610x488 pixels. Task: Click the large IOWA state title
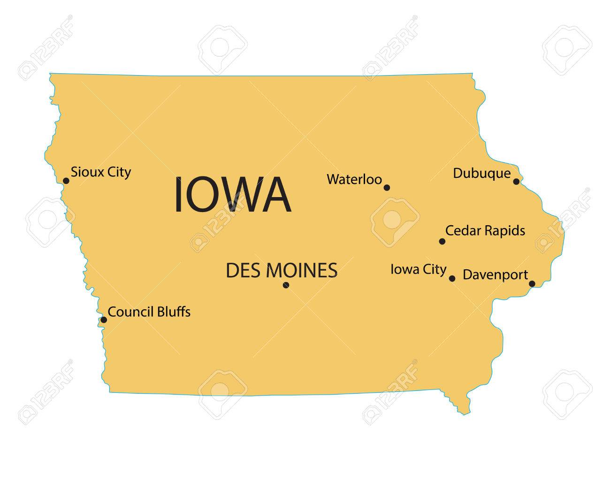pos(232,195)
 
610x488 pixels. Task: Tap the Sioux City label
pos(100,172)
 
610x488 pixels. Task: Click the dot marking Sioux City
pos(66,180)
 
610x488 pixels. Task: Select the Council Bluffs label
pos(149,312)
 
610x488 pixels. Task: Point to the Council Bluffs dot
pos(104,320)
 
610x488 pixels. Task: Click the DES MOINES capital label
pos(282,270)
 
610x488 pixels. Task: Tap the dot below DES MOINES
pos(286,285)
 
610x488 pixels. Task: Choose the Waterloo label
pos(354,179)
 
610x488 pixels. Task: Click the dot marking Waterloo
pos(387,187)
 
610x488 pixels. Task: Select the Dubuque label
pos(481,174)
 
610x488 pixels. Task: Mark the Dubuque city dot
pos(516,181)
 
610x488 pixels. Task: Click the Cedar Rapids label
pos(485,231)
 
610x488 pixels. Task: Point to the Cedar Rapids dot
pos(442,241)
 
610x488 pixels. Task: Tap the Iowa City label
pos(418,269)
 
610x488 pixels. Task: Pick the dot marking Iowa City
pos(452,278)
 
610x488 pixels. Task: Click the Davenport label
pos(495,275)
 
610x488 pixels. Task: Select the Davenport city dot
pos(532,283)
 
